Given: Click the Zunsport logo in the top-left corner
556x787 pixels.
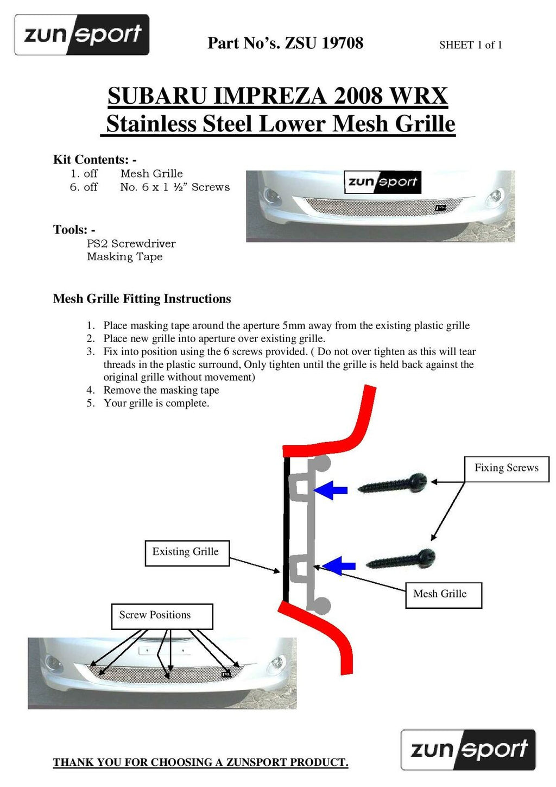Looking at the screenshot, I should coord(81,35).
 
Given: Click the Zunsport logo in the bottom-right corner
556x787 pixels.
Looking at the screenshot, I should coord(468,750).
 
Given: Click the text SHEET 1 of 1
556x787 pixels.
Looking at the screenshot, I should coord(470,45).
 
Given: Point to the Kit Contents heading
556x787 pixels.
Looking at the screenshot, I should coord(94,160).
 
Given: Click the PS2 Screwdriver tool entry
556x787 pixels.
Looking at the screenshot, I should coord(131,243).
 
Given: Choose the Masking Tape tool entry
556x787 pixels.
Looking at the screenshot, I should coord(124,257).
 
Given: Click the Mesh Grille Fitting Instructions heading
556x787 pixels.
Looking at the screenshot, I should coord(142,299).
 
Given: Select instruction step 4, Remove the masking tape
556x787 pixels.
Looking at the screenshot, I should coord(161,390).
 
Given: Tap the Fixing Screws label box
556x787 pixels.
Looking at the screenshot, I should coord(506,468).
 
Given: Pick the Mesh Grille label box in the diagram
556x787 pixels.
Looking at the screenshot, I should coord(443,594).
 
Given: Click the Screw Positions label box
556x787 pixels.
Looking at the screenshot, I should coord(161,616).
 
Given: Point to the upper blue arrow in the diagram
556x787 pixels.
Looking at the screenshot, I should coord(331,490).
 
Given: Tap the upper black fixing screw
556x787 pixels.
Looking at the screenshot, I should coord(393,483).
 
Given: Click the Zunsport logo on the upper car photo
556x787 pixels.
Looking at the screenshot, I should coord(382,182).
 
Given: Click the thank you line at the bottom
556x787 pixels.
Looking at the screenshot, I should coord(200,762).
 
